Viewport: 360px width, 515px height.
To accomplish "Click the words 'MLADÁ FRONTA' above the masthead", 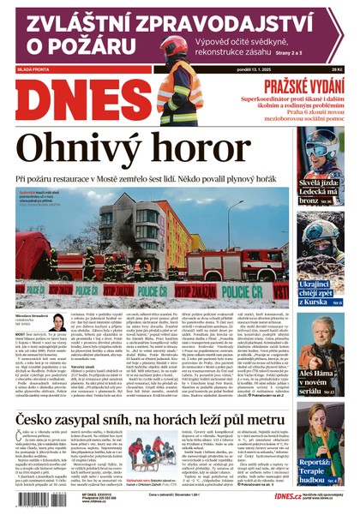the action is pos(33,69).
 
